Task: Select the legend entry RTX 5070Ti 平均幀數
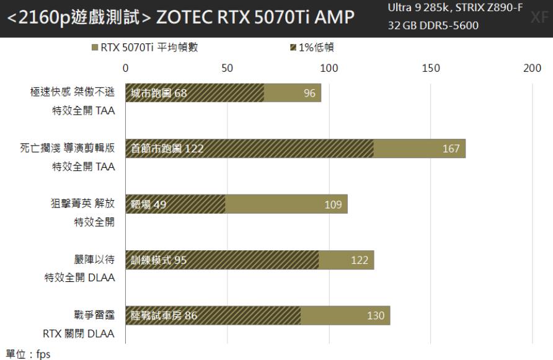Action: point(144,48)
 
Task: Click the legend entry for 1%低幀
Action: point(312,48)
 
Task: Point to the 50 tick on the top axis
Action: point(228,68)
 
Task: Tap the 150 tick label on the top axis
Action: point(430,68)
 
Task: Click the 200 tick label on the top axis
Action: point(532,68)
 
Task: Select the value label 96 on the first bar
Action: point(309,94)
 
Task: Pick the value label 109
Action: point(333,205)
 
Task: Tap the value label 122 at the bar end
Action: point(360,260)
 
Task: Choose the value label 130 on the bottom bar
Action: point(376,316)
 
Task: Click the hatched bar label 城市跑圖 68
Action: point(159,94)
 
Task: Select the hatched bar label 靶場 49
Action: point(149,205)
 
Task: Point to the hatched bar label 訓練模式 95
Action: point(159,260)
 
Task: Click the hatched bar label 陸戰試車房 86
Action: point(164,316)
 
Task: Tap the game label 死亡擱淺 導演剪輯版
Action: point(68,148)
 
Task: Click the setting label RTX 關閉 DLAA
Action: point(79,334)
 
